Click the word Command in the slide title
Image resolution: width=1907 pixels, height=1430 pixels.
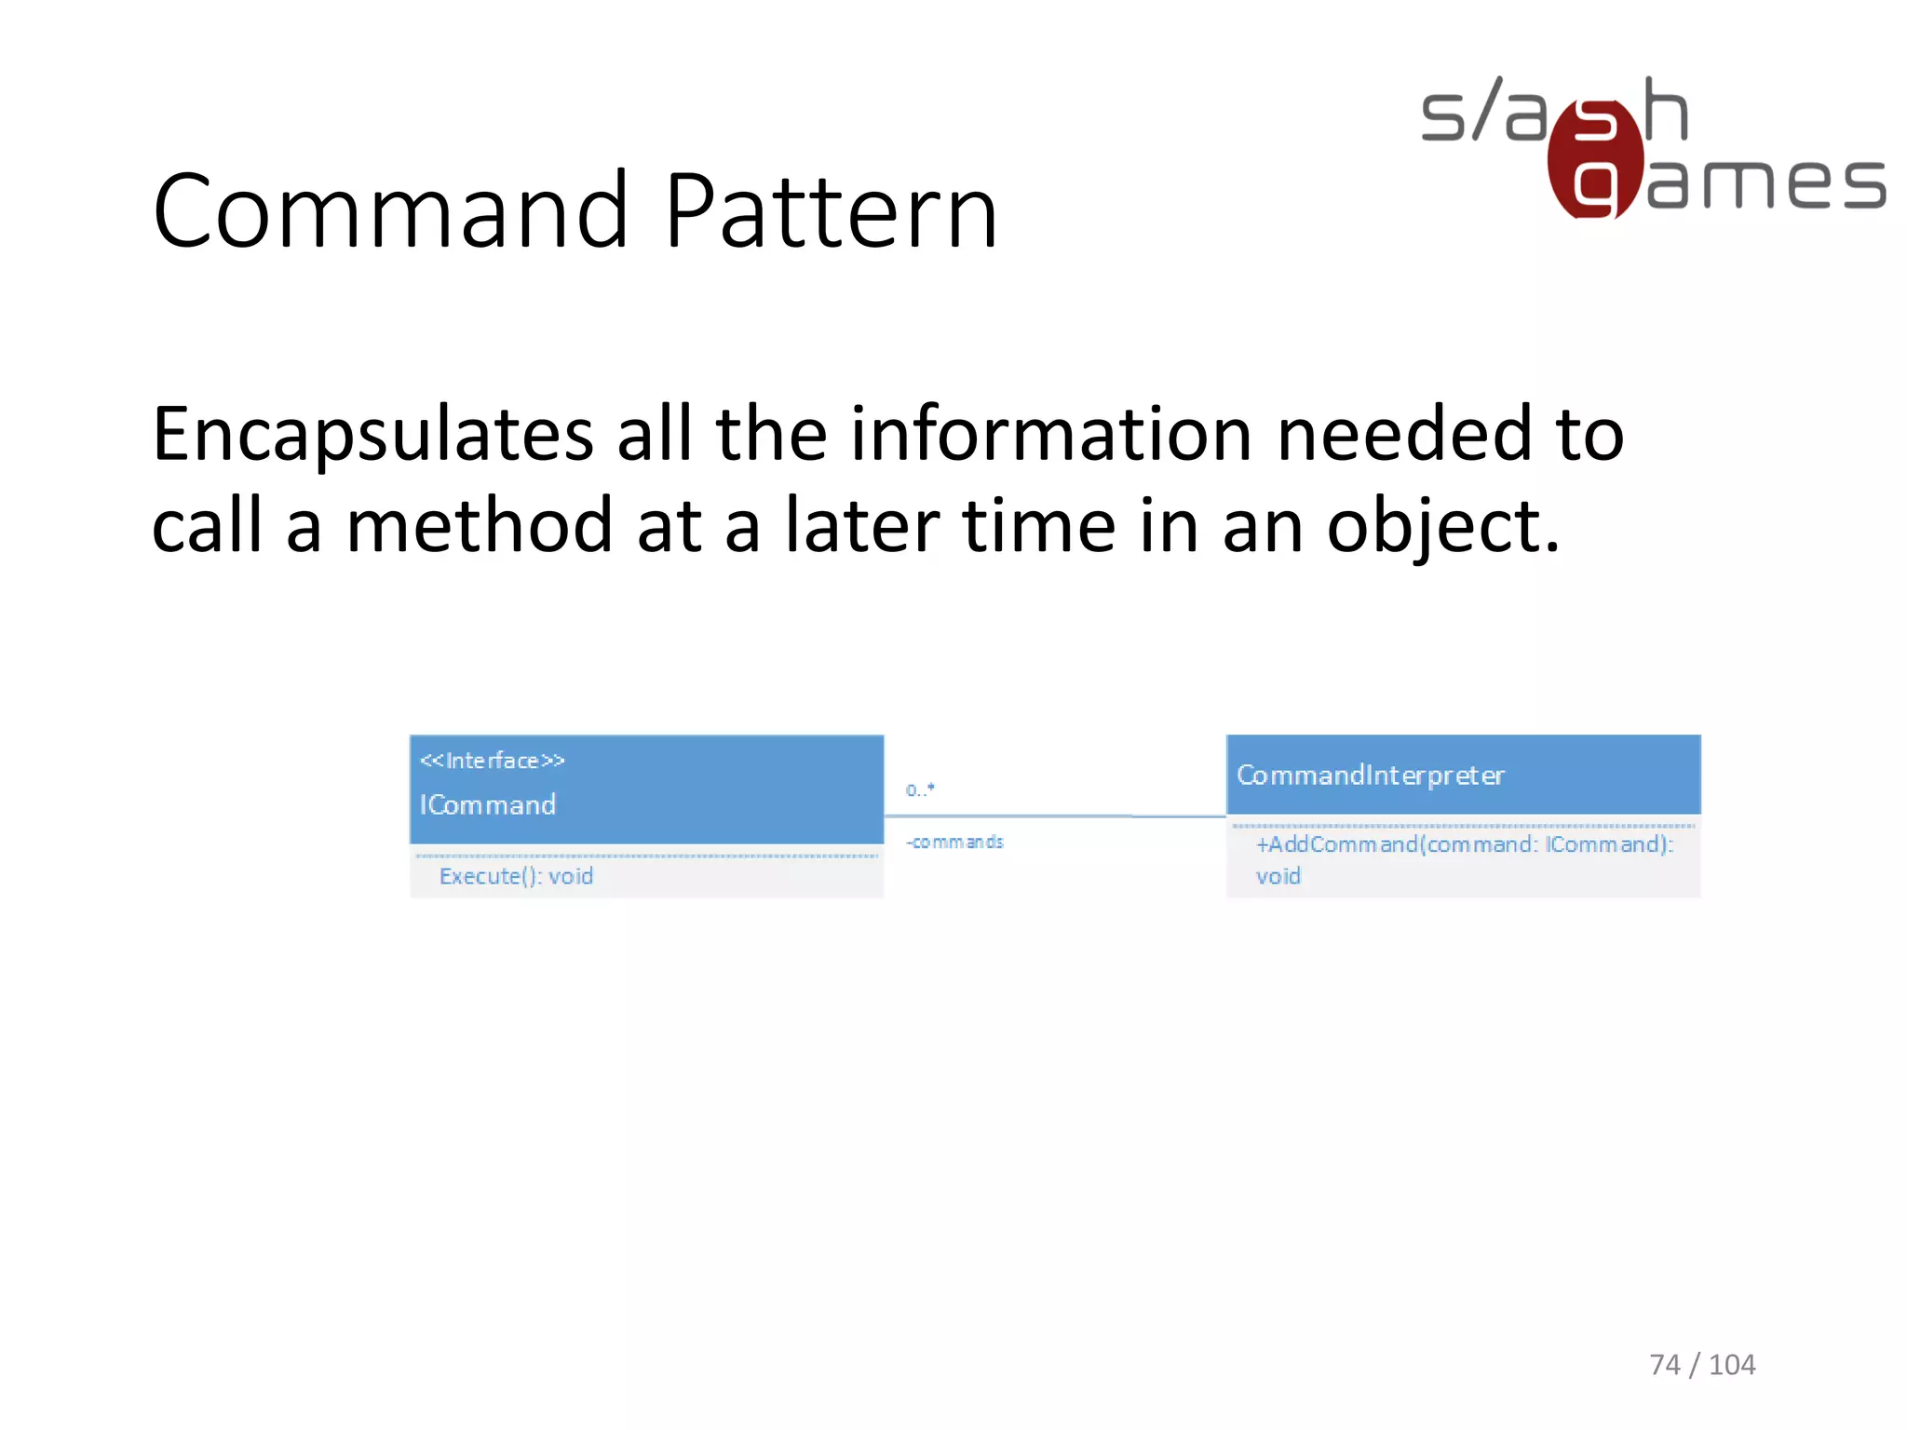(391, 212)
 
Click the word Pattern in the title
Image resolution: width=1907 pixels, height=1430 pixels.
(832, 212)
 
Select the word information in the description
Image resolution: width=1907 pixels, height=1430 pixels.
(1051, 436)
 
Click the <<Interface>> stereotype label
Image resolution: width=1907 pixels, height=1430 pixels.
(492, 761)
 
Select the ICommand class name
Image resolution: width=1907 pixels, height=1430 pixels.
(488, 804)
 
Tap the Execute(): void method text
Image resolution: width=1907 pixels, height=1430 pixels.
(516, 876)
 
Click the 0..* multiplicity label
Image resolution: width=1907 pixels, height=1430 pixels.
(920, 789)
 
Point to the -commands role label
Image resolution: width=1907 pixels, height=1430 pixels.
(954, 842)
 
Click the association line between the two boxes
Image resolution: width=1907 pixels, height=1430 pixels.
(1052, 816)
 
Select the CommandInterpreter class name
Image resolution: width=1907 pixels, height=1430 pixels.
(1370, 776)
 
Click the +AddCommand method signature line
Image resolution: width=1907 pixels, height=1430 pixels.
(1464, 844)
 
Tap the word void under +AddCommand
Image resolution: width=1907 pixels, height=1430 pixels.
(1278, 876)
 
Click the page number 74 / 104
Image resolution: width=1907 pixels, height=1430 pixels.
(1702, 1365)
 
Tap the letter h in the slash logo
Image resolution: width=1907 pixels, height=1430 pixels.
(1665, 110)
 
